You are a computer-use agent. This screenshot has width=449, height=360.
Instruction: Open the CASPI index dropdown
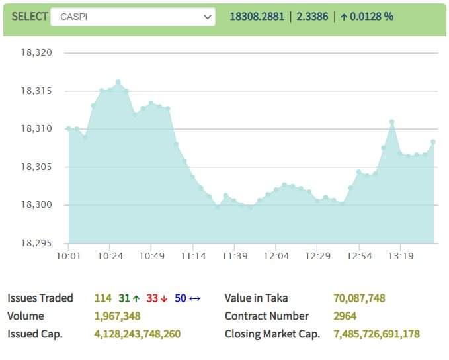click(133, 17)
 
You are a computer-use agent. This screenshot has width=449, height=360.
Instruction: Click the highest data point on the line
click(118, 82)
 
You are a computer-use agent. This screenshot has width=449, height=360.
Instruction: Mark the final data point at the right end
click(433, 142)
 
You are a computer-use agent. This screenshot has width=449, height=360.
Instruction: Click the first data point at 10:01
click(69, 128)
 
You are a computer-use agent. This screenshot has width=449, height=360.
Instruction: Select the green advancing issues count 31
click(125, 298)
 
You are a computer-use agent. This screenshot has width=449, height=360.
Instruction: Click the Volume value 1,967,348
click(117, 316)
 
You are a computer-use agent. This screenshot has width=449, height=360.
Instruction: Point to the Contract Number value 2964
click(345, 316)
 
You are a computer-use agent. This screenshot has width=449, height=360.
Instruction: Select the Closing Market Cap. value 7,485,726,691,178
click(376, 334)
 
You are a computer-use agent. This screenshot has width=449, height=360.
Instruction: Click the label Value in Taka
click(256, 298)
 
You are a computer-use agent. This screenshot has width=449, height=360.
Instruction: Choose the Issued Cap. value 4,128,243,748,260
click(137, 334)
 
